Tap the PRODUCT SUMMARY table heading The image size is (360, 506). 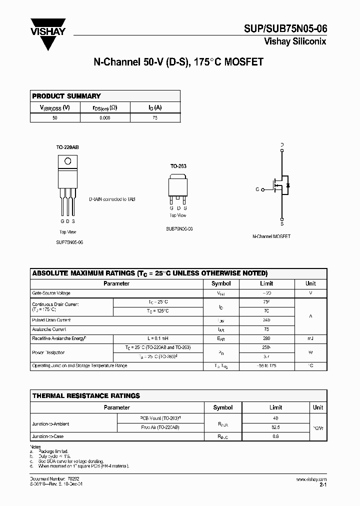coord(66,96)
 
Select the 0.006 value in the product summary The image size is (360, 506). coord(105,117)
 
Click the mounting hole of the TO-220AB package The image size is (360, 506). coord(67,161)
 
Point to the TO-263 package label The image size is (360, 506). coord(178,165)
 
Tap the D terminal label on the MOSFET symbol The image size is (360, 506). coord(282,144)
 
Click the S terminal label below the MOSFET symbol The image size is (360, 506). coord(282,224)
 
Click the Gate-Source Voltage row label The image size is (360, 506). coord(51,293)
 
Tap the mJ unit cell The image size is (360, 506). coord(310,338)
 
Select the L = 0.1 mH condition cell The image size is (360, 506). coord(158,338)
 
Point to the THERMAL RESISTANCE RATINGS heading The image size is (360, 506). coord(86,395)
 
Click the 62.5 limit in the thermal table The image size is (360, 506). coord(275,427)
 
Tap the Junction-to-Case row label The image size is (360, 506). coord(48,436)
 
